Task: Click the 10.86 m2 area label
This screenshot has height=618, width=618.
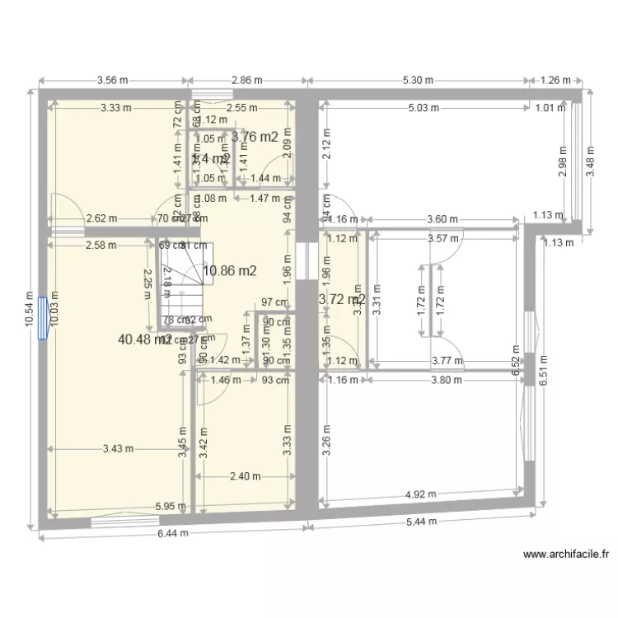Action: pos(230,269)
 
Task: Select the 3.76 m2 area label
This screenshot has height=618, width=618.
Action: pos(254,138)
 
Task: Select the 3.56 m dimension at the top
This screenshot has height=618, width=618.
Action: pos(113,81)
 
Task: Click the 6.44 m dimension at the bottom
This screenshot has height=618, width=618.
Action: pos(172,533)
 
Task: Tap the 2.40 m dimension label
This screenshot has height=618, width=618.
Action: pos(245,476)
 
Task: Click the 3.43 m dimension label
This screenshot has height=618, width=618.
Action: pos(119,449)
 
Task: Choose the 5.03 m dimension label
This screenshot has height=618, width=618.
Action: pos(423,108)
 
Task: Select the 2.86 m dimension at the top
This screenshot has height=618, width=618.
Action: pos(246,81)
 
